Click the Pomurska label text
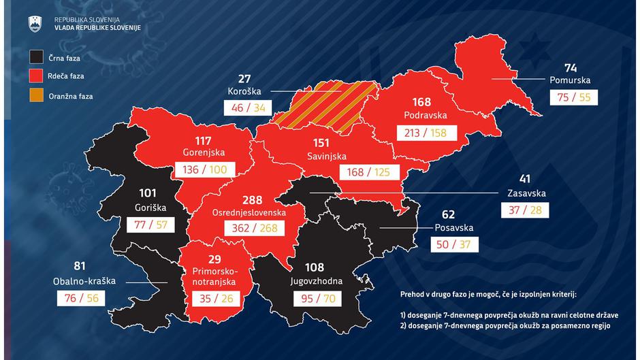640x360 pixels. click(569, 80)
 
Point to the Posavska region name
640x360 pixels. click(454, 228)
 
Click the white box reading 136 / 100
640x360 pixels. click(205, 169)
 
